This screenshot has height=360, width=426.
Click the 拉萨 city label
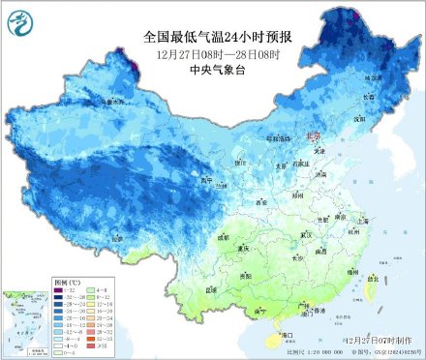click(117, 237)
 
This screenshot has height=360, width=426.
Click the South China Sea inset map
click(23, 318)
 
